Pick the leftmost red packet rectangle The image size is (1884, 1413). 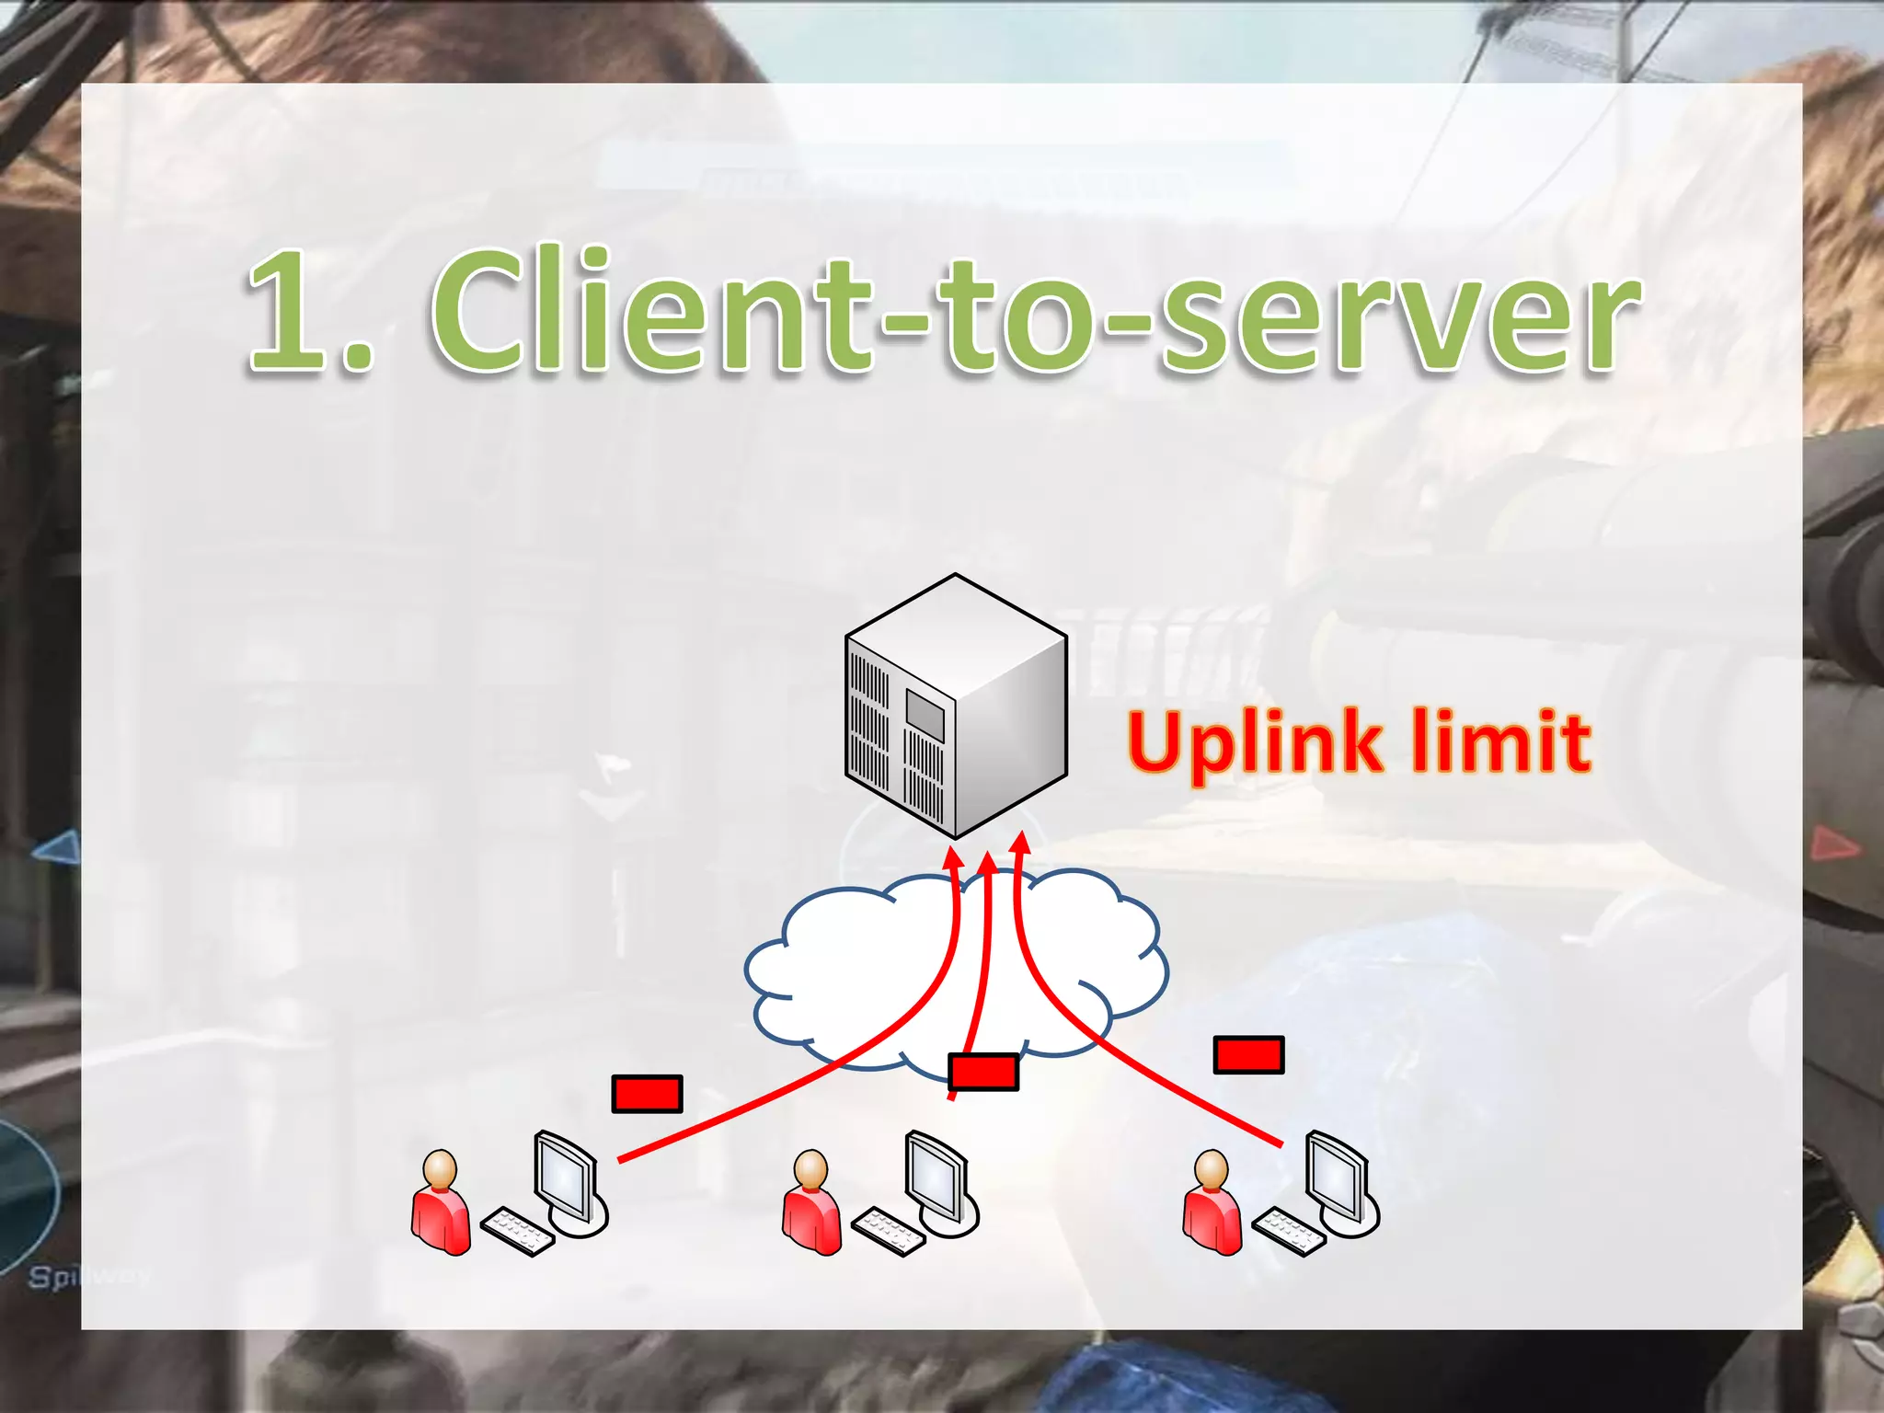pyautogui.click(x=647, y=1094)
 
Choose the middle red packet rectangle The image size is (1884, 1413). pyautogui.click(x=983, y=1073)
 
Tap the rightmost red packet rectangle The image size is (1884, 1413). pyautogui.click(x=1248, y=1055)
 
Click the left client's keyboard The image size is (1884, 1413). pyautogui.click(x=517, y=1232)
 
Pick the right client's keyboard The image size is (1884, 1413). pyautogui.click(x=1288, y=1232)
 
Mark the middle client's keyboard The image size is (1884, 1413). pyautogui.click(x=888, y=1232)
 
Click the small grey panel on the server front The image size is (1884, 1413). pyautogui.click(x=925, y=714)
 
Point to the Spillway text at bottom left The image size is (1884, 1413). pyautogui.click(x=87, y=1277)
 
